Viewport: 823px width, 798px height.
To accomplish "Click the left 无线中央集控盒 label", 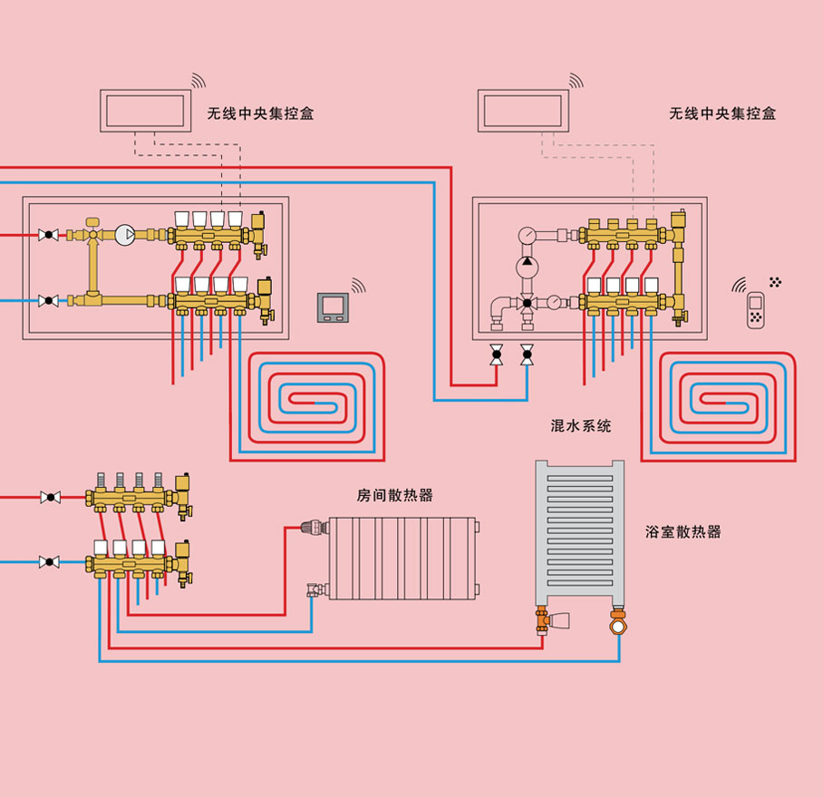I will pyautogui.click(x=260, y=114).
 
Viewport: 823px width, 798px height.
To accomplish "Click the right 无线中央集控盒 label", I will pyautogui.click(x=722, y=114).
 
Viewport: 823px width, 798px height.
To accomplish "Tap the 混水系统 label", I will pyautogui.click(x=581, y=425).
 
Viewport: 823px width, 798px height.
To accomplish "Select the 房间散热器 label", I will pyautogui.click(x=394, y=495).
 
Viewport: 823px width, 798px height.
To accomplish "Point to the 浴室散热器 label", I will pyautogui.click(x=683, y=532).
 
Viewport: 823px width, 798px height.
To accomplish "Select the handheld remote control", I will pyautogui.click(x=755, y=310).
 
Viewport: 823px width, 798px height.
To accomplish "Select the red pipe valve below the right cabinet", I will pyautogui.click(x=497, y=355).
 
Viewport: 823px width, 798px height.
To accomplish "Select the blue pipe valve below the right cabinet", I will pyautogui.click(x=527, y=355).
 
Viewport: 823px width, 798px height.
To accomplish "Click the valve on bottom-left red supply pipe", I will pyautogui.click(x=50, y=498).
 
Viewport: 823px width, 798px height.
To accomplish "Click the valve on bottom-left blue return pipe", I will pyautogui.click(x=50, y=562).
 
